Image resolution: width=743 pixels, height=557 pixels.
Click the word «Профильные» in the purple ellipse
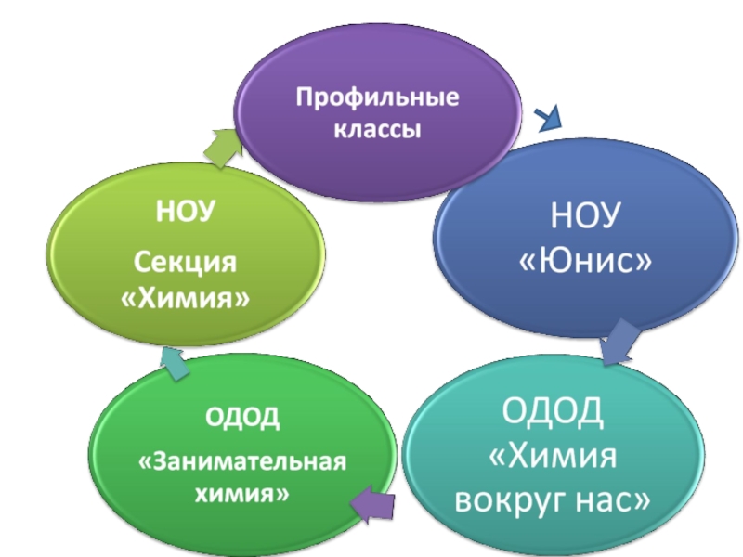377,97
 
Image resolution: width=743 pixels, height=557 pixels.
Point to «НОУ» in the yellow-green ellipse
186,212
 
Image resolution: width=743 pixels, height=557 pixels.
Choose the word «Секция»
186,262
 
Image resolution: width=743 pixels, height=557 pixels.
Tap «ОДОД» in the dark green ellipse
242,417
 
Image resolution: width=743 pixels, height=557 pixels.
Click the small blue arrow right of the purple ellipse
549,117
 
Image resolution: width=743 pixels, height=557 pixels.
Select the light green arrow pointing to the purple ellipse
221,147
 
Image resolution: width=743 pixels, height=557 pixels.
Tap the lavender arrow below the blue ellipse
617,343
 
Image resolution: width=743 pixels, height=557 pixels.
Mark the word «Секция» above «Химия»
186,262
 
